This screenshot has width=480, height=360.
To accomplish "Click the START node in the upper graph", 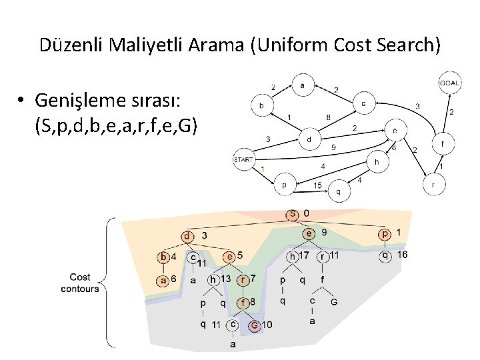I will pyautogui.click(x=243, y=159).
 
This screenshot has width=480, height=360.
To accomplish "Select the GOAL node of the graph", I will pyautogui.click(x=449, y=83).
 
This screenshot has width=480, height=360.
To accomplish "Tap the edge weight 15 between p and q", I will pyautogui.click(x=317, y=185).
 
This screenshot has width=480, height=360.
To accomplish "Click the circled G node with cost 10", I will pyautogui.click(x=254, y=326).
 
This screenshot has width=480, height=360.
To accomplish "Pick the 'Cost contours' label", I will pyautogui.click(x=80, y=283).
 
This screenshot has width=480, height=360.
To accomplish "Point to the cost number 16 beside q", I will pyautogui.click(x=401, y=255).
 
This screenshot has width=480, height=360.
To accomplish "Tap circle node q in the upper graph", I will pyautogui.click(x=337, y=192).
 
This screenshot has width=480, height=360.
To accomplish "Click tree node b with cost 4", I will pyautogui.click(x=164, y=257).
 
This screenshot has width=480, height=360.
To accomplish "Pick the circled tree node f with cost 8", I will pyautogui.click(x=244, y=302).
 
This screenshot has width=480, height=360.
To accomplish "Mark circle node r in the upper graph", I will pyautogui.click(x=433, y=185).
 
